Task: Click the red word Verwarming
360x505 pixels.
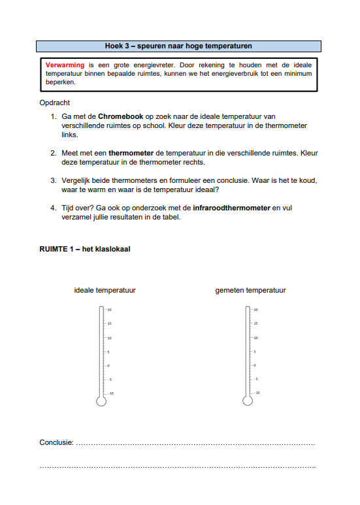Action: coord(65,65)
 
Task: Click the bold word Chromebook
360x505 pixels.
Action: coord(120,116)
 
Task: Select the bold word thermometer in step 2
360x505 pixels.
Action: coord(131,153)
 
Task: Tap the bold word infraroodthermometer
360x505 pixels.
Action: coord(231,208)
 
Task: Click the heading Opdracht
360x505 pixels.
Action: coord(54,103)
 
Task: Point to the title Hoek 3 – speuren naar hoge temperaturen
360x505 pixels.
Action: coord(178,46)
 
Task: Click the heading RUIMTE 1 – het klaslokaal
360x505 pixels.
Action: coord(85,249)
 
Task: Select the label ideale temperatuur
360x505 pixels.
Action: coord(105,290)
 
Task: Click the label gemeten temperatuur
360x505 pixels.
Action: coord(250,290)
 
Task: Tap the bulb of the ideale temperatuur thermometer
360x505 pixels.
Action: coord(101,401)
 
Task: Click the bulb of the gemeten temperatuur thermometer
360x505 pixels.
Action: coord(248,400)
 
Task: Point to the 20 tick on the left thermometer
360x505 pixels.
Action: coord(105,310)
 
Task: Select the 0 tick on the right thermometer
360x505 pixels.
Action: coord(251,365)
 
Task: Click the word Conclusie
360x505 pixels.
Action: coord(56,442)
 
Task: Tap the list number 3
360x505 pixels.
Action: coord(53,180)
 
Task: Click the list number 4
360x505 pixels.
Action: coord(53,208)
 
